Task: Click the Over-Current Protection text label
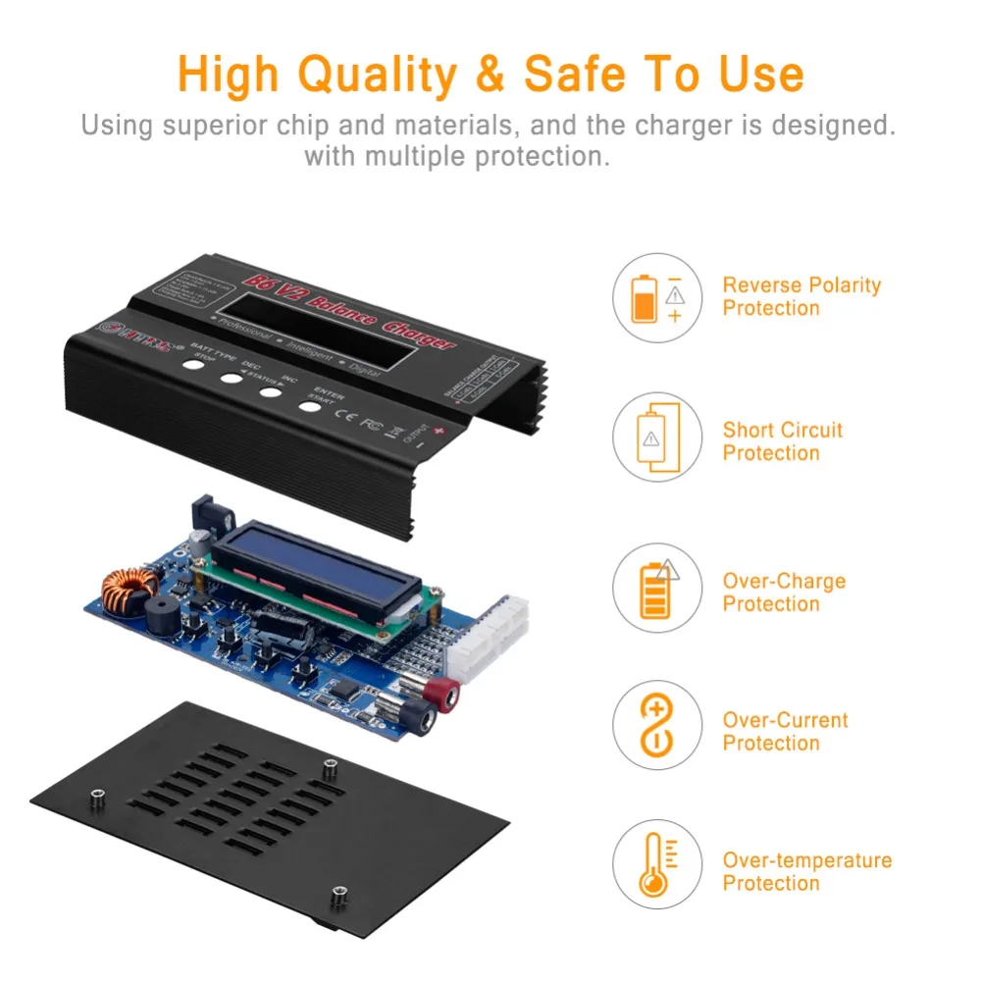785,731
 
